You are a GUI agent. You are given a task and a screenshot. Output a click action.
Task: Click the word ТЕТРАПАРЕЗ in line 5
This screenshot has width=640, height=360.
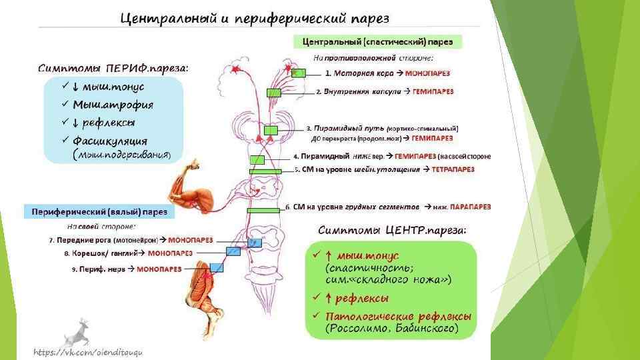pos(453,170)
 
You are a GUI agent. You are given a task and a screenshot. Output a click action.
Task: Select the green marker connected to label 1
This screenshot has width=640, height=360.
pos(299,73)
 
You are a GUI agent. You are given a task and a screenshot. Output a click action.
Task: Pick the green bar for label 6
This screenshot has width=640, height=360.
pos(261,210)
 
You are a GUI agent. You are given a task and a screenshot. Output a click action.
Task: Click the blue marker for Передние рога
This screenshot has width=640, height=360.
pos(253,243)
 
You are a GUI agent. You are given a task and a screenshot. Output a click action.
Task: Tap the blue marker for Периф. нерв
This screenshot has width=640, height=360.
pos(216,267)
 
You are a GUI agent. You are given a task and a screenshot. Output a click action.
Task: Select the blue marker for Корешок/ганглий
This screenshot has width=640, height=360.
pos(233,252)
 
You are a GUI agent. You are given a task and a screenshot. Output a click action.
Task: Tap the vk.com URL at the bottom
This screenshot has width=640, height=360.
pos(89,351)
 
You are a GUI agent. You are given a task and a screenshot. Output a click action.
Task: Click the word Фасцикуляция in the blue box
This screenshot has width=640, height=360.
pos(110,141)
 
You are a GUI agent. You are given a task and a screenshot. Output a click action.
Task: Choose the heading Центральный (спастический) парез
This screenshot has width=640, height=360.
pos(377,41)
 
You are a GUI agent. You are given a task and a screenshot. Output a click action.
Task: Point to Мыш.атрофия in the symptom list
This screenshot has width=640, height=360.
pos(113,105)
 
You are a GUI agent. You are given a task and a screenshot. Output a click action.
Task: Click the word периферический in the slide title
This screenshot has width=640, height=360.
pos(289,17)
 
